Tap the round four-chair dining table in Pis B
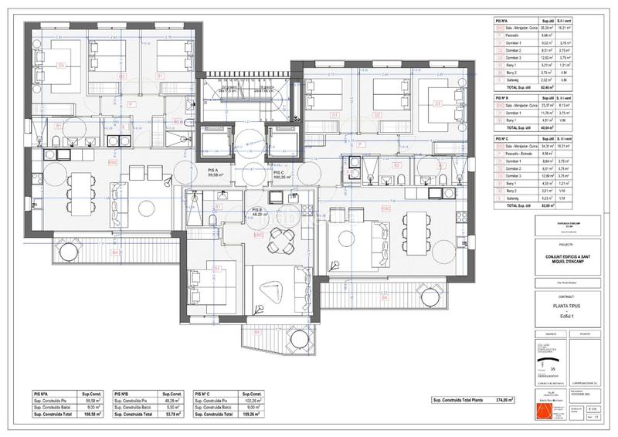pos(277,246)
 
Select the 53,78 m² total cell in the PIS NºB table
pos(174,415)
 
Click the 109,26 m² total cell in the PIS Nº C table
pos(255,415)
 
